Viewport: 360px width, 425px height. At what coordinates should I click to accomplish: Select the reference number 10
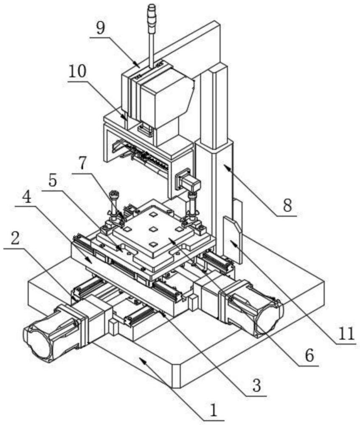pos(77,72)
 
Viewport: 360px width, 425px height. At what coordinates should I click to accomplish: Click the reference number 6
pos(309,355)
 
